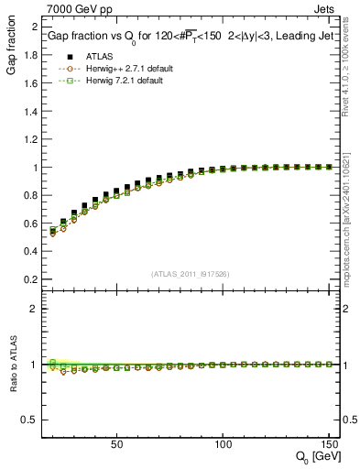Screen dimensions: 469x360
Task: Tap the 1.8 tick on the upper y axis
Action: [31, 55]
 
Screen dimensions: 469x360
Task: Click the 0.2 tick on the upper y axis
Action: [31, 279]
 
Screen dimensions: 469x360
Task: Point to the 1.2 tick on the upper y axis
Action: [31, 139]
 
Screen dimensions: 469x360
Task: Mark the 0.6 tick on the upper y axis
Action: [31, 224]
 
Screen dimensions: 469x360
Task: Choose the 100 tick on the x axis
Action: [223, 442]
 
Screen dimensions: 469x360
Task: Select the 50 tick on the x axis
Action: [116, 442]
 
